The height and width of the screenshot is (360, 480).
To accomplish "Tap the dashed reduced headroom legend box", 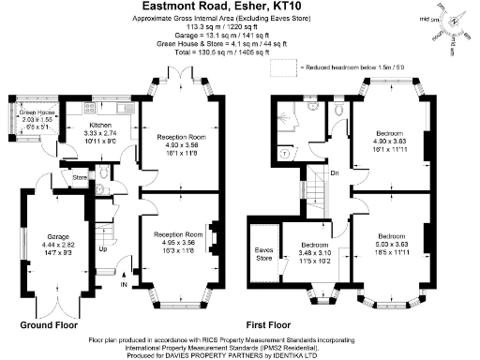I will (281, 68).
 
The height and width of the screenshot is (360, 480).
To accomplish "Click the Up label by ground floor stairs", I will (103, 250).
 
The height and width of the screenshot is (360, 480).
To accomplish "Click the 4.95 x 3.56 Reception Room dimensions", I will (179, 241).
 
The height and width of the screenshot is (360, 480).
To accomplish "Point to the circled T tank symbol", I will (285, 150).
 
